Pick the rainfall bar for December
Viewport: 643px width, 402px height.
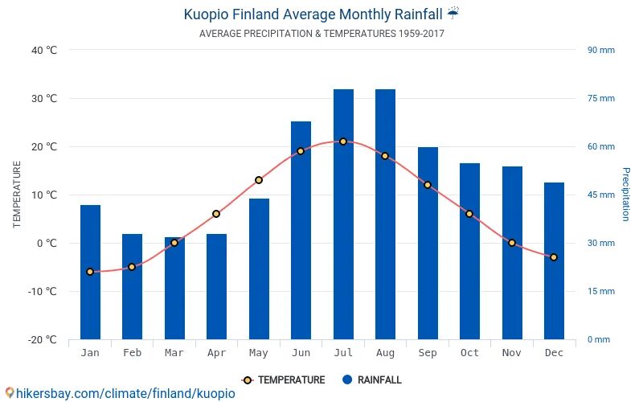[554, 260]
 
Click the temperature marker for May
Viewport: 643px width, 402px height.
[259, 180]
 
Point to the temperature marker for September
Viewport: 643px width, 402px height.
[428, 185]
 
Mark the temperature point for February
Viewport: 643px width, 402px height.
[132, 267]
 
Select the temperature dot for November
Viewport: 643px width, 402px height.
[512, 243]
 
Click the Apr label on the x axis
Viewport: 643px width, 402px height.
[216, 353]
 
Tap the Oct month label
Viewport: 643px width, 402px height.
[469, 353]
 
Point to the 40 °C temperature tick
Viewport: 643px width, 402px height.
[44, 50]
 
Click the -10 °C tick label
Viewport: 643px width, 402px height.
[43, 291]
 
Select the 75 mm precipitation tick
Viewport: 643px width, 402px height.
[600, 98]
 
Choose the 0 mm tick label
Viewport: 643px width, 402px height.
[598, 339]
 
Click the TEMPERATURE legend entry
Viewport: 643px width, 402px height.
[283, 380]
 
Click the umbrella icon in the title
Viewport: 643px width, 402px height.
[453, 13]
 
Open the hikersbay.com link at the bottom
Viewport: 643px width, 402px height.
[121, 393]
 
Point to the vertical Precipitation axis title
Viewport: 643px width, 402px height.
[625, 195]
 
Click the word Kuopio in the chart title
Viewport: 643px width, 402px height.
[204, 14]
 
